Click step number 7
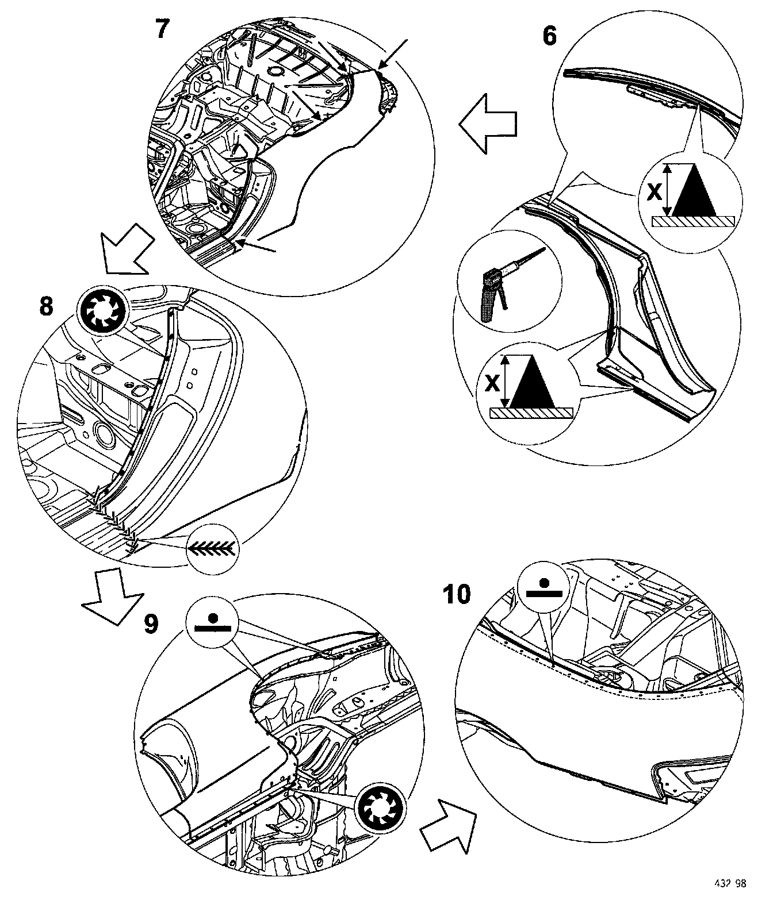[163, 29]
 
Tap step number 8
[47, 306]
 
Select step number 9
[150, 624]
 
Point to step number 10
[457, 594]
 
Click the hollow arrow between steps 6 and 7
[488, 124]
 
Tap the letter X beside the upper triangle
[653, 193]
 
